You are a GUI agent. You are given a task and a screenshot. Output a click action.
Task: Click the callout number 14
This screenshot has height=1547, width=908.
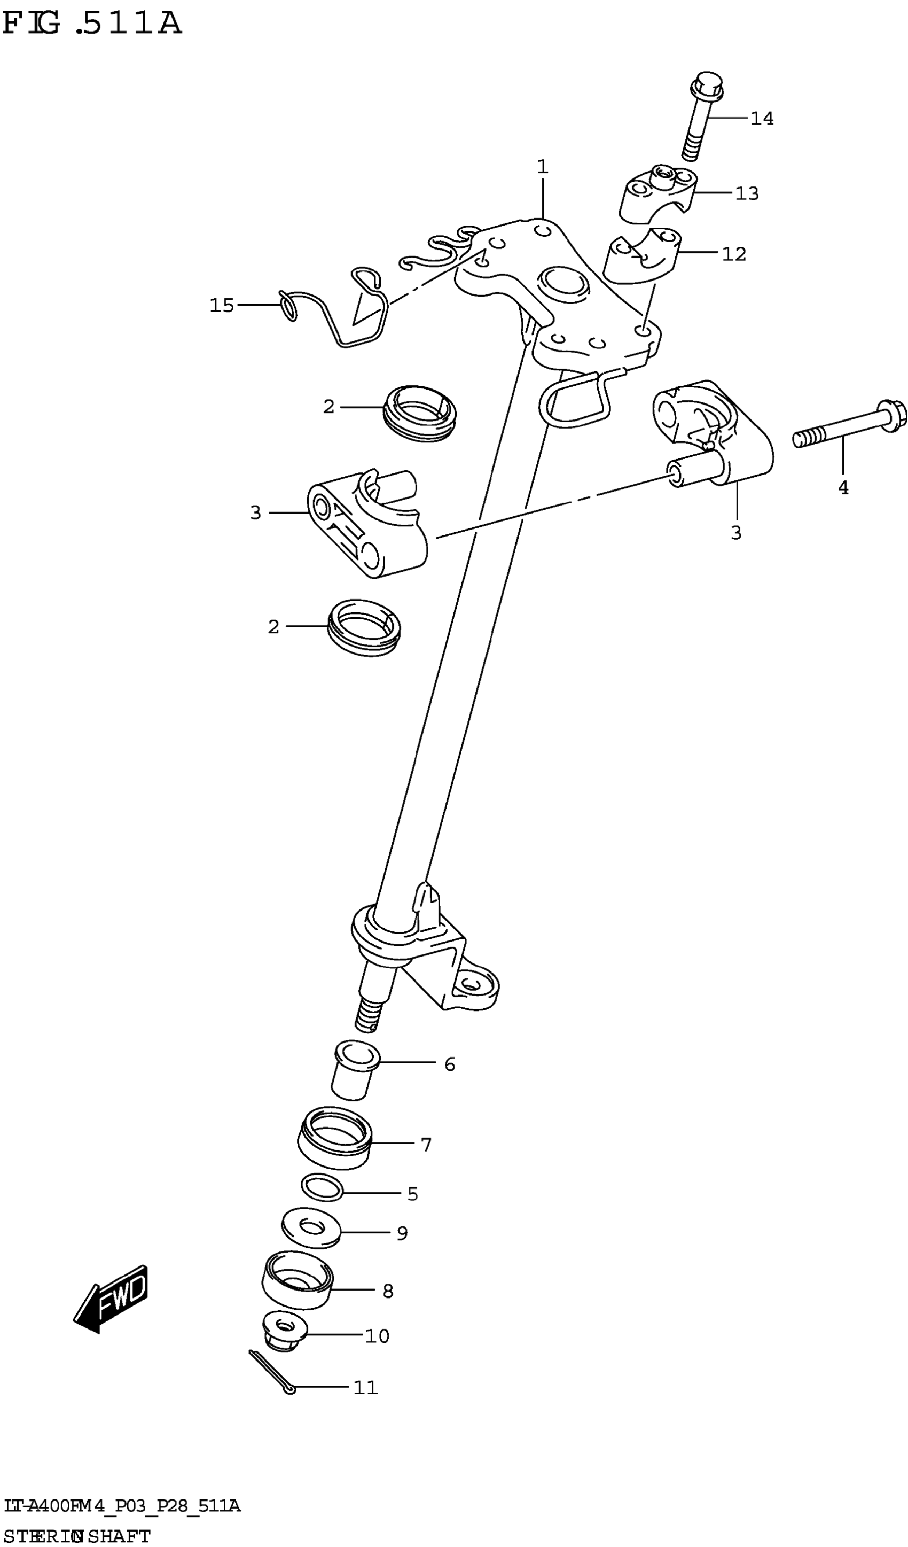click(x=762, y=119)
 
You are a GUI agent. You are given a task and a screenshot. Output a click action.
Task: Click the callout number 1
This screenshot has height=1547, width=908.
click(x=542, y=166)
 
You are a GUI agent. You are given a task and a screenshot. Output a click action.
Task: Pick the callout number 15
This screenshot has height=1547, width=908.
click(x=222, y=305)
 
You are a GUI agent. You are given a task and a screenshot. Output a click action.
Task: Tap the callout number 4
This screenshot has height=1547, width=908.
click(x=843, y=488)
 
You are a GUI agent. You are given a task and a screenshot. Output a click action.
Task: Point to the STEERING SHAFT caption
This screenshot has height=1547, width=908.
click(x=77, y=1536)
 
